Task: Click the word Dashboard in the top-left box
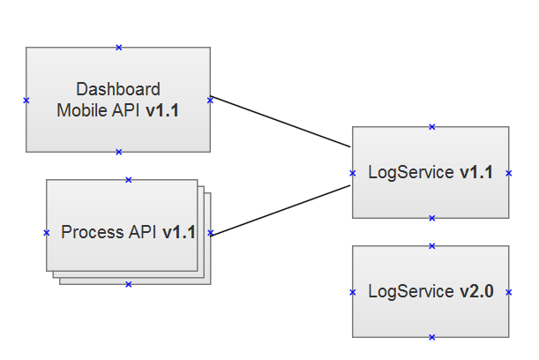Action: click(118, 89)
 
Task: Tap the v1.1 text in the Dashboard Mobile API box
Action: click(162, 110)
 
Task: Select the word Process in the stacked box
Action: click(93, 232)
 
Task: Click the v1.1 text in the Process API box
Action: click(179, 232)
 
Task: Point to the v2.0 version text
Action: click(476, 291)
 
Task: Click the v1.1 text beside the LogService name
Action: click(476, 172)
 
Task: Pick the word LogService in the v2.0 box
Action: click(411, 292)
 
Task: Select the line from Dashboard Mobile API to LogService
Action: click(281, 122)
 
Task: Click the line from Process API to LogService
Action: click(281, 211)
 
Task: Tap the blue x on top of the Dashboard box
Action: click(119, 48)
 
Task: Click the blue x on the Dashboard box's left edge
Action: click(26, 101)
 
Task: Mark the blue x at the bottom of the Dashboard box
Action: click(119, 152)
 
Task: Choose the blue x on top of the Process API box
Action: click(129, 180)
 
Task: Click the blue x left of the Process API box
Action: click(47, 233)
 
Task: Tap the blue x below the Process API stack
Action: click(129, 284)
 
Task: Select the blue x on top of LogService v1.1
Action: click(432, 127)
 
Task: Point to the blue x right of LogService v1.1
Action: click(509, 173)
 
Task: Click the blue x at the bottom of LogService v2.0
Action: click(432, 337)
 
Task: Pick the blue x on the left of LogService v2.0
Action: click(353, 292)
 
